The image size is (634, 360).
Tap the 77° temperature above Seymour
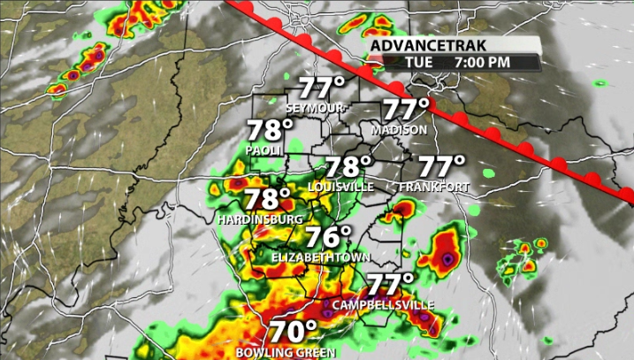click(x=320, y=88)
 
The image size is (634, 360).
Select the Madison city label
click(x=400, y=129)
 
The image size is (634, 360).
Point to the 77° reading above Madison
click(x=405, y=111)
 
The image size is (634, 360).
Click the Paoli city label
click(x=264, y=150)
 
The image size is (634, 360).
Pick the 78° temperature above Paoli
click(x=269, y=131)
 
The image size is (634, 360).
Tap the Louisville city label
click(x=341, y=188)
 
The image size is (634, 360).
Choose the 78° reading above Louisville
click(x=348, y=167)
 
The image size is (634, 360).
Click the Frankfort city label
click(x=433, y=188)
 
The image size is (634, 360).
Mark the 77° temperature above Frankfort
click(x=440, y=166)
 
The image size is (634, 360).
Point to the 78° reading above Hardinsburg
click(x=267, y=199)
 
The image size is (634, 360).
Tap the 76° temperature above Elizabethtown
click(x=328, y=237)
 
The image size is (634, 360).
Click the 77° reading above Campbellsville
click(x=390, y=285)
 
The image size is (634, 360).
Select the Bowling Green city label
click(x=286, y=352)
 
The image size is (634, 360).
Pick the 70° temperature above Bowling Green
click(x=293, y=332)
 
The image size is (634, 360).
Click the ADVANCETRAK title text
click(x=421, y=45)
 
